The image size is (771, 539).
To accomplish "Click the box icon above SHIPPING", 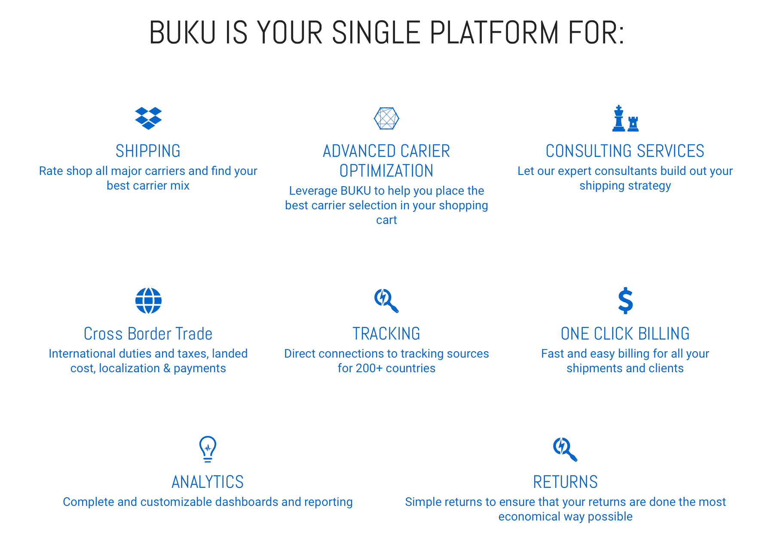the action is (x=148, y=118).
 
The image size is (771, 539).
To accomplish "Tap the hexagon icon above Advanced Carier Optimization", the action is (x=386, y=118).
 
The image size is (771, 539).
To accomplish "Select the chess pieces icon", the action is (x=625, y=118).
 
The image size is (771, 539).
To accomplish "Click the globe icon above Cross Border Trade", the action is (x=148, y=300).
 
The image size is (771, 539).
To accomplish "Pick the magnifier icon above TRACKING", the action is (x=386, y=300).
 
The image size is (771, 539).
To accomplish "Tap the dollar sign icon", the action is (x=625, y=300).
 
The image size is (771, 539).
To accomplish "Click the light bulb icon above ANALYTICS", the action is (x=208, y=449).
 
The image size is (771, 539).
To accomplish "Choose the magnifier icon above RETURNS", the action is (x=565, y=449).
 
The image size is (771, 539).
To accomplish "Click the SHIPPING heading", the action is (x=148, y=151).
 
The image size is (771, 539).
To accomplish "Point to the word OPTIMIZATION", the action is (x=386, y=171).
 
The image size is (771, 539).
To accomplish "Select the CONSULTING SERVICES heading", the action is (x=625, y=151).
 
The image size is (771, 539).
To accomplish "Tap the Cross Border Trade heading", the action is (x=148, y=334).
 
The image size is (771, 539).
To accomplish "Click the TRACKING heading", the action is (x=386, y=334).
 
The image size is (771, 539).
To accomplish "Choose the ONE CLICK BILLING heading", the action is (x=625, y=334).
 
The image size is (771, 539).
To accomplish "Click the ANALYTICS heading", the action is (x=208, y=482).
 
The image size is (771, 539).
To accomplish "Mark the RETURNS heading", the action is (x=565, y=482).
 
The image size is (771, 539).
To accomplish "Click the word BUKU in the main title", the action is (x=182, y=33).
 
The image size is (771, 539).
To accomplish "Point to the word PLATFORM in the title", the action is (x=494, y=33).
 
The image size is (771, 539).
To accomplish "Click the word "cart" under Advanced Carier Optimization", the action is (x=386, y=220).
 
